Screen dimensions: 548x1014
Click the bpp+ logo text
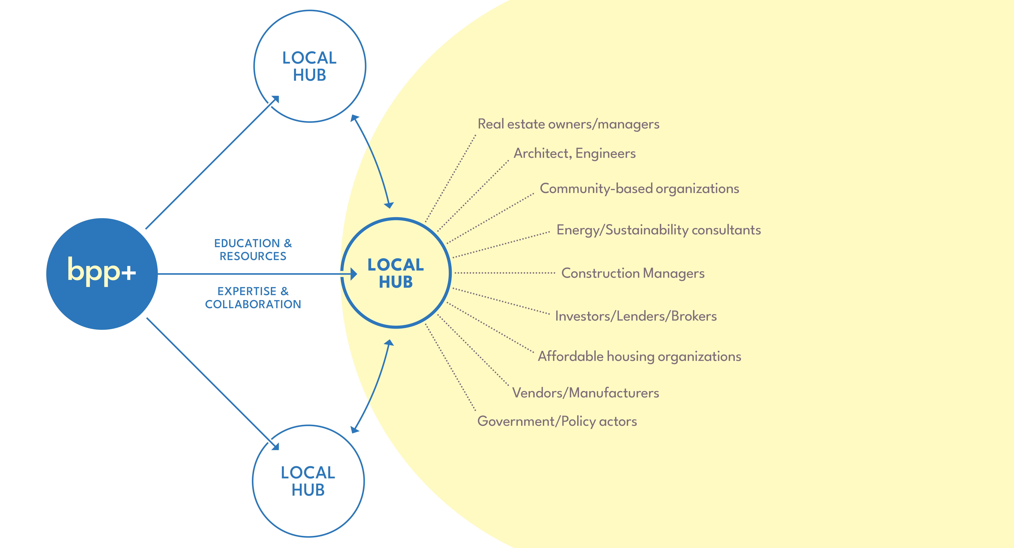click(x=102, y=271)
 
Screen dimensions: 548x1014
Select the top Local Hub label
click(x=309, y=66)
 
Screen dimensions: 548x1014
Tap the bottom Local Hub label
click(x=308, y=481)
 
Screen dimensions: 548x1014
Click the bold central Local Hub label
click(x=396, y=273)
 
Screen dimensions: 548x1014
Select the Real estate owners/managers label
click(x=568, y=124)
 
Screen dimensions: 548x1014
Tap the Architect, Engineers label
click(x=574, y=153)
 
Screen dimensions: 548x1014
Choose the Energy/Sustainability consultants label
click(x=658, y=230)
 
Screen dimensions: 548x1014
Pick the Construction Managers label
click(x=633, y=273)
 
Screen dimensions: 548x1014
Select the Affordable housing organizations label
click(x=639, y=356)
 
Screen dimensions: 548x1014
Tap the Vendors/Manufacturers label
click(x=585, y=393)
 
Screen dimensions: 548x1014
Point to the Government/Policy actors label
click(x=557, y=421)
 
